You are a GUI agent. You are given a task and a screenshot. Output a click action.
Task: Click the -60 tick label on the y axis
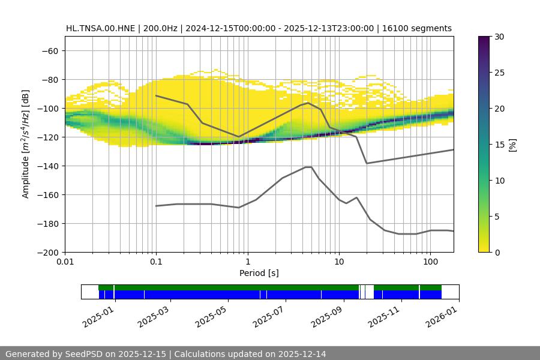tap(49, 50)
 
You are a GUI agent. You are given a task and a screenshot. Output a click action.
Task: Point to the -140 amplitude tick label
tap(47, 166)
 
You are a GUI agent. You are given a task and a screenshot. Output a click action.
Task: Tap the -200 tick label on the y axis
tap(47, 252)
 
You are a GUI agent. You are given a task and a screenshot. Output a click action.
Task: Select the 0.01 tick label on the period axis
tap(65, 262)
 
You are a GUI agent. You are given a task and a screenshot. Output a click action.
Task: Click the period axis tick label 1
tap(247, 262)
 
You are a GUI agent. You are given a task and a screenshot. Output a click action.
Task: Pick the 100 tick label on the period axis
tap(430, 262)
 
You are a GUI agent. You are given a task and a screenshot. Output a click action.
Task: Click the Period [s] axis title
tap(259, 273)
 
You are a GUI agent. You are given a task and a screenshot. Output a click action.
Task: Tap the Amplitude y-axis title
tap(26, 144)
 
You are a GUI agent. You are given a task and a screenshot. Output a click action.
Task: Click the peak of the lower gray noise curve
tap(308, 167)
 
